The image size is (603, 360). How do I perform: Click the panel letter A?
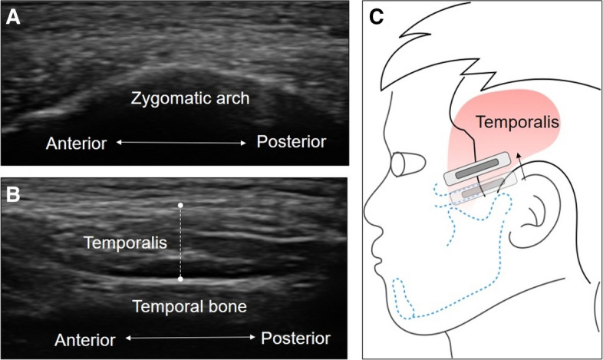(x=13, y=16)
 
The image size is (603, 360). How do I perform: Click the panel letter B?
(x=14, y=193)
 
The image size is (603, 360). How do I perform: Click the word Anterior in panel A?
(x=76, y=143)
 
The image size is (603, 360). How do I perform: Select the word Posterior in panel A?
(x=292, y=142)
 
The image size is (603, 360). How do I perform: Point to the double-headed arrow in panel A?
(x=182, y=143)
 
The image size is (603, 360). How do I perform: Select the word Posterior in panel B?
(x=295, y=338)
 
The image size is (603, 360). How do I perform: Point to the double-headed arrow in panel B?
(x=189, y=338)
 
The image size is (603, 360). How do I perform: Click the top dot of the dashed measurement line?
(x=180, y=206)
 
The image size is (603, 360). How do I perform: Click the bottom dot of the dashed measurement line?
(x=180, y=279)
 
